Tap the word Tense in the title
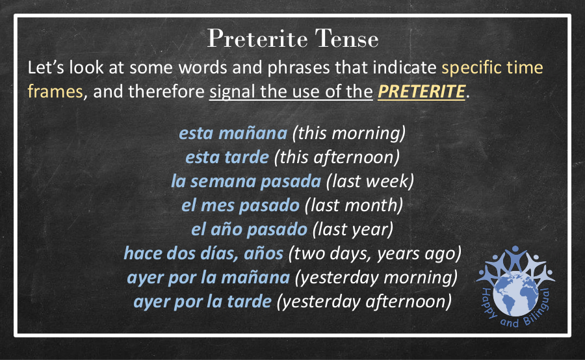pyautogui.click(x=346, y=38)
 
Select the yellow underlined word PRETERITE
pyautogui.click(x=422, y=92)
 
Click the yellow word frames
pyautogui.click(x=55, y=92)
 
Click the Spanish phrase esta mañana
pyautogui.click(x=233, y=133)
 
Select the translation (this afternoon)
pyautogui.click(x=337, y=157)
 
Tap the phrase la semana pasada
pyautogui.click(x=246, y=181)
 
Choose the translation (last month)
pyautogui.click(x=354, y=205)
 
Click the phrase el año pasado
pyautogui.click(x=249, y=229)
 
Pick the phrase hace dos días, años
pyautogui.click(x=203, y=253)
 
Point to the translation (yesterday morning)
pyautogui.click(x=376, y=277)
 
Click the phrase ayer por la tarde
pyautogui.click(x=203, y=302)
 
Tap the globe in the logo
pyautogui.click(x=515, y=295)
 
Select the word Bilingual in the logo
pyautogui.click(x=538, y=309)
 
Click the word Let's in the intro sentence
pyautogui.click(x=46, y=68)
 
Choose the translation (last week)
pyautogui.click(x=370, y=181)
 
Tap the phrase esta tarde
pyautogui.click(x=227, y=157)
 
